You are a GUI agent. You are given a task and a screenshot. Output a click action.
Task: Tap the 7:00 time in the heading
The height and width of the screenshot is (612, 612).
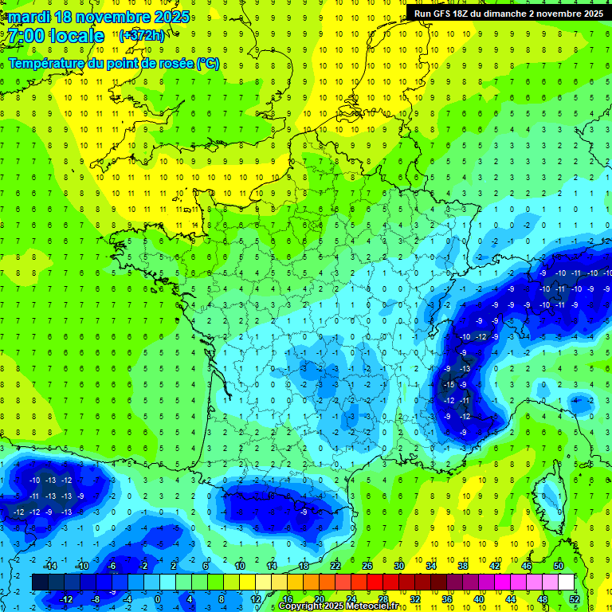27,36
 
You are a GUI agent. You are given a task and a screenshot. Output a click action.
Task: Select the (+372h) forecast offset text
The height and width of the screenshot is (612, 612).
142,36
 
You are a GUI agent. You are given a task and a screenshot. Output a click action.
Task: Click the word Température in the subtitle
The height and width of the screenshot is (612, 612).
48,64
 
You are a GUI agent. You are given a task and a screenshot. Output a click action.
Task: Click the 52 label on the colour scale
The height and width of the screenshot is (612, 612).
575,598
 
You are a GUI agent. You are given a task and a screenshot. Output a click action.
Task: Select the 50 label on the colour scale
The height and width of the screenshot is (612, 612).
559,566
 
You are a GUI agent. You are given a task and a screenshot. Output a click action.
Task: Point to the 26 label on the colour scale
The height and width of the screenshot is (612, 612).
367,566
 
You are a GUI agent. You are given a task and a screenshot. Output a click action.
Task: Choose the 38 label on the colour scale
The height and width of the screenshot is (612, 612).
463,566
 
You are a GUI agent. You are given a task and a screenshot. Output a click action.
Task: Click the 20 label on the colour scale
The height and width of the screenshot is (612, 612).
320,598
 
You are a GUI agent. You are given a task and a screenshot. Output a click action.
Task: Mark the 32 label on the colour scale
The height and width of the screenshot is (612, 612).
415,598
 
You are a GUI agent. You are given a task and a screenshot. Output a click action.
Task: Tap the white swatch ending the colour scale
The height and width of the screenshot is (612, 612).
566,582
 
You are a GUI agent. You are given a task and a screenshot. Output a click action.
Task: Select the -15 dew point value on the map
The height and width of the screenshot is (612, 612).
449,385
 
